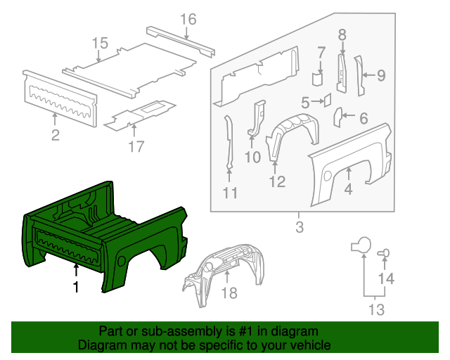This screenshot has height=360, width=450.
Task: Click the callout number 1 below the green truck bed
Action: tap(75, 286)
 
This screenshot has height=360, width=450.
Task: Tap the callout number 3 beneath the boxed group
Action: tap(299, 227)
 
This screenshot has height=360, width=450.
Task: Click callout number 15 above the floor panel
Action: tap(99, 44)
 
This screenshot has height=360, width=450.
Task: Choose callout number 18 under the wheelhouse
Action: tap(229, 292)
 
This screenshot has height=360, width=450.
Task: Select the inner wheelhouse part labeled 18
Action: tap(225, 271)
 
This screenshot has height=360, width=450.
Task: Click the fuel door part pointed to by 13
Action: tap(361, 245)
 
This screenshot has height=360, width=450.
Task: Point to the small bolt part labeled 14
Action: tap(385, 253)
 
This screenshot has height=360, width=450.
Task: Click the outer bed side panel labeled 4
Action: tap(352, 165)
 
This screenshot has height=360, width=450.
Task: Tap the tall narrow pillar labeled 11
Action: tap(229, 144)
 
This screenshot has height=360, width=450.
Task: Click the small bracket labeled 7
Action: tap(317, 77)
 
